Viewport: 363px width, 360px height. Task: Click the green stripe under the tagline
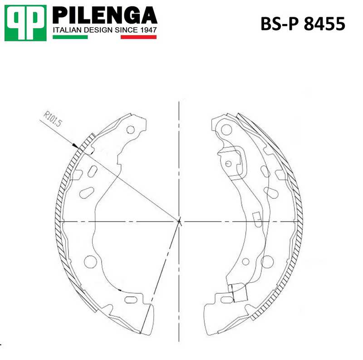(x=70, y=36)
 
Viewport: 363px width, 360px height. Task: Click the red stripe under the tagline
(x=138, y=36)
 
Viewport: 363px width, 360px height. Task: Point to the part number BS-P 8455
(x=303, y=24)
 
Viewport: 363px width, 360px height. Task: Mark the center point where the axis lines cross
(x=180, y=221)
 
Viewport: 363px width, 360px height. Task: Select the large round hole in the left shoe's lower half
(x=90, y=261)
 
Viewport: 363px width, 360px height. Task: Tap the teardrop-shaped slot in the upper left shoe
(x=86, y=192)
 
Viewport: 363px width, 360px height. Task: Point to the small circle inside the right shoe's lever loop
(x=229, y=163)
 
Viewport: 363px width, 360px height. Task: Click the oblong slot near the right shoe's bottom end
(x=226, y=299)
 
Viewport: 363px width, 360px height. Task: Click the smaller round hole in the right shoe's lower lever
(x=245, y=261)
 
